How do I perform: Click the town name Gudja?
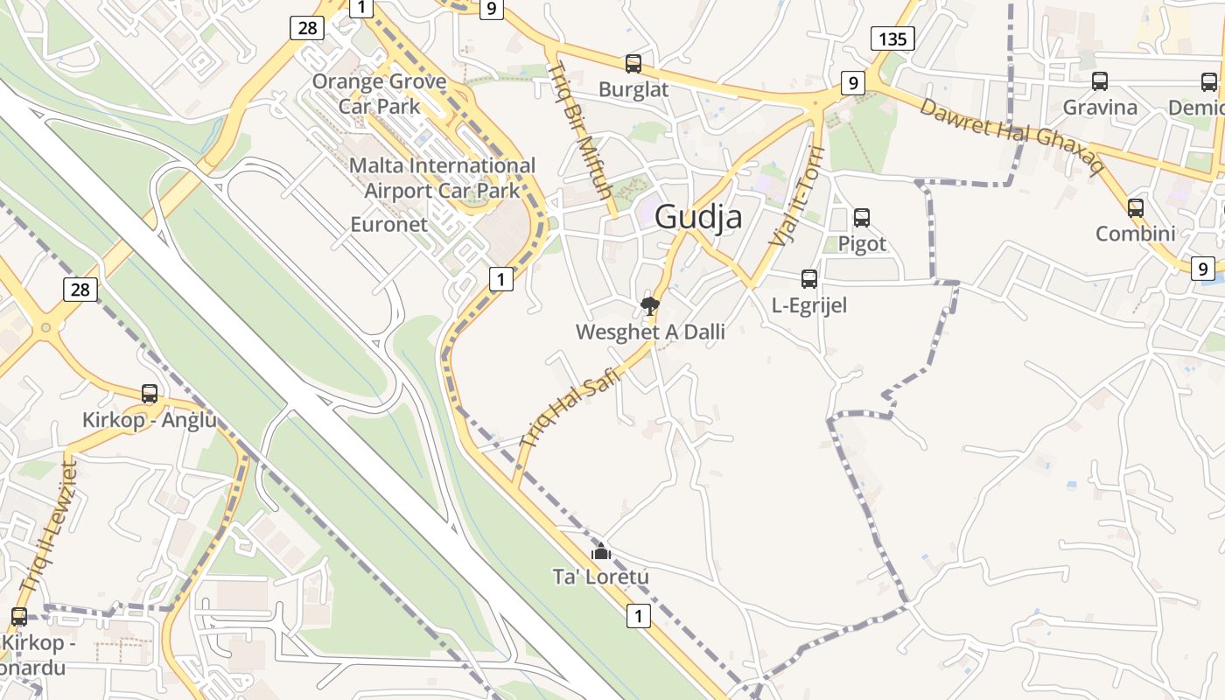pos(698,216)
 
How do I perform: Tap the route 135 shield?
pos(892,38)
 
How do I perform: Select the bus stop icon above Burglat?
pos(633,64)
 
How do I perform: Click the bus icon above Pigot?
pos(862,217)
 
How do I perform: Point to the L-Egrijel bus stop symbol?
pos(809,279)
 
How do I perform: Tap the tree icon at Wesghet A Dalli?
pos(649,305)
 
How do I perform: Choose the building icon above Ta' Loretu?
pos(600,551)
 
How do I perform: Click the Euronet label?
pos(388,224)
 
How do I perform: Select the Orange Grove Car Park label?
pos(380,94)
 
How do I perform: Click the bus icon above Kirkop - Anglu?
pos(150,394)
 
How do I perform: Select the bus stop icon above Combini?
pos(1136,208)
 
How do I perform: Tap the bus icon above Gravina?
pos(1100,81)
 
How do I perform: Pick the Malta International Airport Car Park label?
pos(442,178)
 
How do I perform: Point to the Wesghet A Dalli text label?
pos(650,332)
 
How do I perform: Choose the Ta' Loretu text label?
pos(601,577)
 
